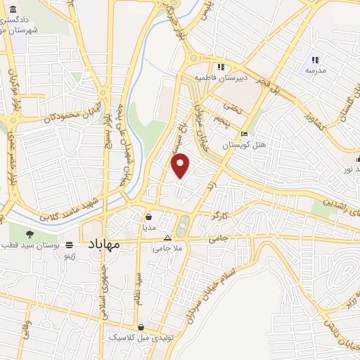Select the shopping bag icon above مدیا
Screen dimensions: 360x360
149,217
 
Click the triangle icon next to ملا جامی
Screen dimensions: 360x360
167,238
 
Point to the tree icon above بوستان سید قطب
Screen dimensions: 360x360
29,235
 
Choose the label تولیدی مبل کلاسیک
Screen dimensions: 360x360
141,338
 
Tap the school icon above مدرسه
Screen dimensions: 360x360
315,60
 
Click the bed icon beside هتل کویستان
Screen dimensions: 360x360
244,134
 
